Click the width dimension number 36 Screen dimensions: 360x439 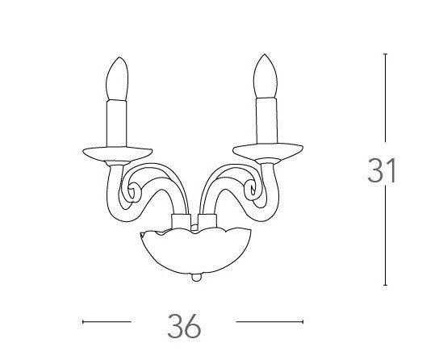(185, 325)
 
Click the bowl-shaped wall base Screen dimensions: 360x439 (194, 254)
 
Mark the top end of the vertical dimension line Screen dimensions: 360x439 (385, 55)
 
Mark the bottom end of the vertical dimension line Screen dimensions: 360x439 (385, 283)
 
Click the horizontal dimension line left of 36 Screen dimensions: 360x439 (107, 322)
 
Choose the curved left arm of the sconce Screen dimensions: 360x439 (158, 181)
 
